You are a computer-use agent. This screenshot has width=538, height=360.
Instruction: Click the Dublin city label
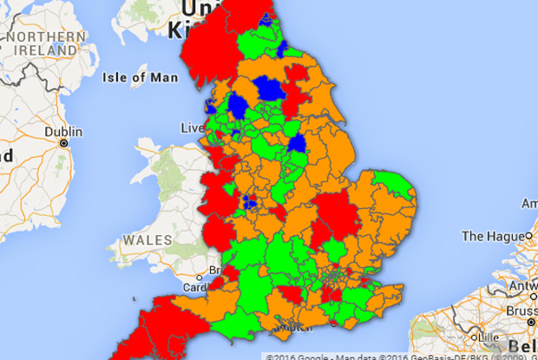click(66, 132)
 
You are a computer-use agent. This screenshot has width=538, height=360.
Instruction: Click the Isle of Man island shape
click(165, 94)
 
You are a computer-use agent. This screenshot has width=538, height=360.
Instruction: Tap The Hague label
click(492, 235)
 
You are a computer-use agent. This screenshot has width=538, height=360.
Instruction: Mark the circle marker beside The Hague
click(528, 235)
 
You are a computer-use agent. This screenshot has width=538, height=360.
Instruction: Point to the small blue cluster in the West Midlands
click(249, 203)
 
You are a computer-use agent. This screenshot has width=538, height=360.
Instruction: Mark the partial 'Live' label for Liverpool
click(191, 128)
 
